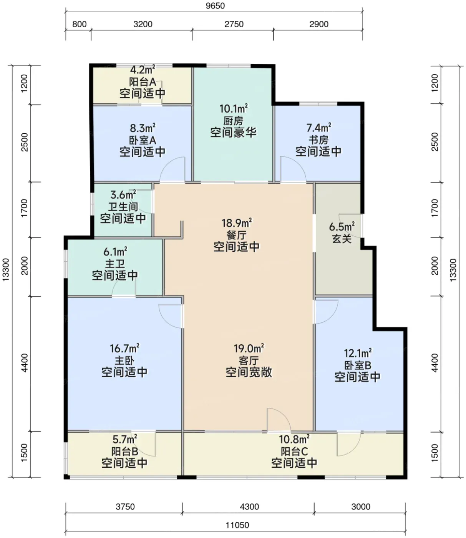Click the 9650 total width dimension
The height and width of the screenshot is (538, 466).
[215, 6]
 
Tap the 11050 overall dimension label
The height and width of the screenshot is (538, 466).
[237, 525]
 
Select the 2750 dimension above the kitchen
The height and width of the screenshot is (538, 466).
[234, 24]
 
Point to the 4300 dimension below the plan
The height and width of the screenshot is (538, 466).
[249, 507]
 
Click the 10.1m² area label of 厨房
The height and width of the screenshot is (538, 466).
[234, 108]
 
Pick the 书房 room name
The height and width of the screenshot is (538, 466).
[318, 140]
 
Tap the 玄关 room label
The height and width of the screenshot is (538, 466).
[342, 239]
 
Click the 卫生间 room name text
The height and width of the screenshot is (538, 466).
[123, 207]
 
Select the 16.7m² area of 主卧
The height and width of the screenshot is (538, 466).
[124, 348]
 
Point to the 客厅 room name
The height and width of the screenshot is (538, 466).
[249, 361]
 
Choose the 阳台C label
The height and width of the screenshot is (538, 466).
[294, 452]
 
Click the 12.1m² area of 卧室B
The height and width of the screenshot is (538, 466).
[358, 353]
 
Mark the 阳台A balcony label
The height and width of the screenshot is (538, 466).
[143, 82]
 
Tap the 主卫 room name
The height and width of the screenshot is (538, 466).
[115, 264]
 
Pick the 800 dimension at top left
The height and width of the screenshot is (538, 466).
[80, 24]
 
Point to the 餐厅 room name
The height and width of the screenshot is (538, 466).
[237, 235]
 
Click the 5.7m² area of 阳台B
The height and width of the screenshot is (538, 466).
[124, 440]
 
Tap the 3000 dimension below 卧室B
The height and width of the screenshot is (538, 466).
[361, 507]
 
